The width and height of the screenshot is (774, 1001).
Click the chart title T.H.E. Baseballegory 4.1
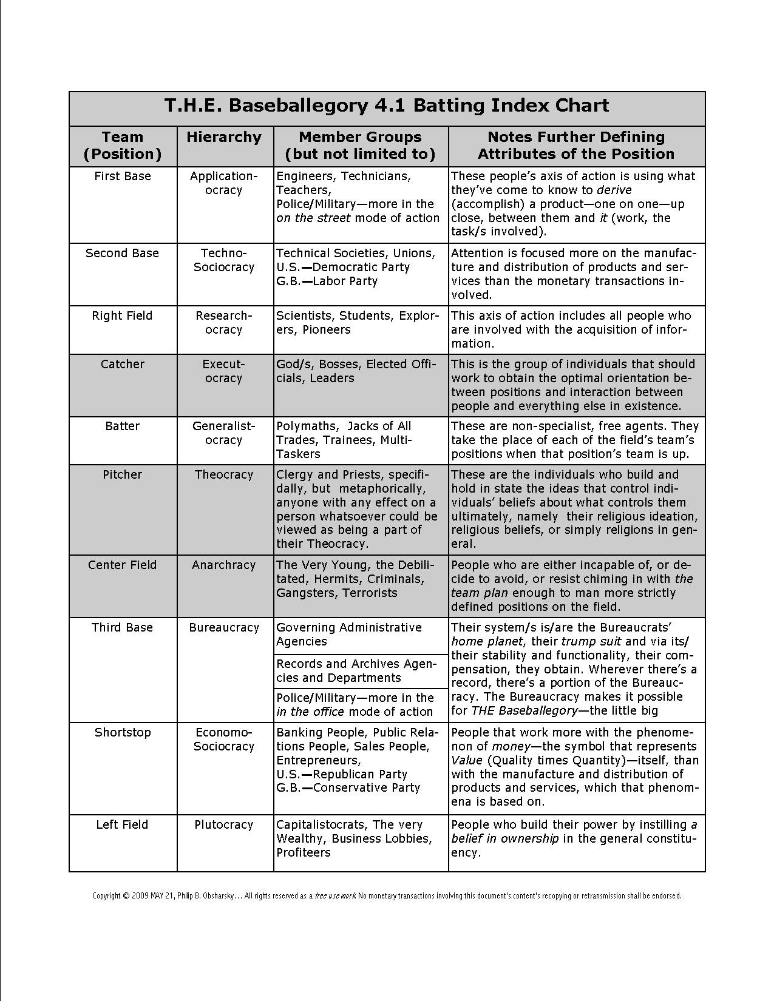[387, 106]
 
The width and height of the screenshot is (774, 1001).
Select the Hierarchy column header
[223, 137]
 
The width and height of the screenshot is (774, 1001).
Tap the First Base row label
[123, 176]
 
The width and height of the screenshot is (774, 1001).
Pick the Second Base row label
[122, 253]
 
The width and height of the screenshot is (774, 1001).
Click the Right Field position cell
[122, 315]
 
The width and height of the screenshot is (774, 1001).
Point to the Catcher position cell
[122, 364]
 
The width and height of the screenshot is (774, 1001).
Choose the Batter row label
[122, 426]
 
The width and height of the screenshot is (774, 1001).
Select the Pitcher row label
[122, 474]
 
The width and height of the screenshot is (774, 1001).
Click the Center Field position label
[122, 565]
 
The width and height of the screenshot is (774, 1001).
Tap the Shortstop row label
[122, 732]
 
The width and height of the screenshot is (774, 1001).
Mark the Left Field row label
[122, 824]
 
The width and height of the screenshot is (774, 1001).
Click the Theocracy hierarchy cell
[223, 474]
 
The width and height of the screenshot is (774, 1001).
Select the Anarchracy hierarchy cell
[223, 565]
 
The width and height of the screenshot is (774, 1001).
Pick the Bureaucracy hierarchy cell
[223, 627]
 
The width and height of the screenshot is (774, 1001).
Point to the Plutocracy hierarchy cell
[223, 824]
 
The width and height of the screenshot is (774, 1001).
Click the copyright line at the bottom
[387, 895]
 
